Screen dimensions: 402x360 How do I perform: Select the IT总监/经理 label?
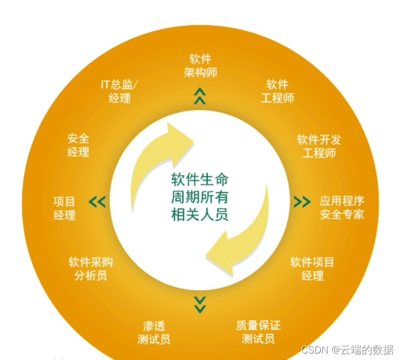[119, 91]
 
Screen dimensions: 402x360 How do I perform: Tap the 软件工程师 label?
[278, 91]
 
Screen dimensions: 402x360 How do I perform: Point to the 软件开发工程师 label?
[319, 146]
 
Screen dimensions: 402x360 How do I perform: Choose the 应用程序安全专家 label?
[342, 208]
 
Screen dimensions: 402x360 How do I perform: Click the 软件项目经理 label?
[312, 269]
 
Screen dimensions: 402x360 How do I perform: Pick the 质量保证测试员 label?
[258, 332]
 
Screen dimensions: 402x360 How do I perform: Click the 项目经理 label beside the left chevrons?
[64, 208]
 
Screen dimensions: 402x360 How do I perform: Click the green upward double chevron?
[200, 96]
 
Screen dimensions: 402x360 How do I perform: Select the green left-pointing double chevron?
[98, 202]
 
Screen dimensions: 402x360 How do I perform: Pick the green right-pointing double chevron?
[302, 202]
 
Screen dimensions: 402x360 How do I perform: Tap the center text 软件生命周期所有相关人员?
[200, 197]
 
